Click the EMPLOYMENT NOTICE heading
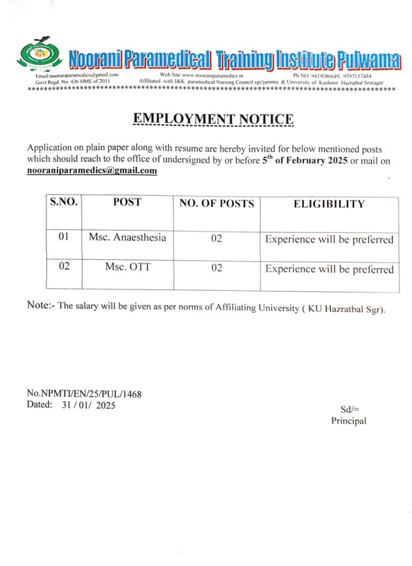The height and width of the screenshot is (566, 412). coord(213,119)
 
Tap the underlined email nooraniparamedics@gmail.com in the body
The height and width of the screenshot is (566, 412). coord(92,171)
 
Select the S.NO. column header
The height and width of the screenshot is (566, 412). coord(64,202)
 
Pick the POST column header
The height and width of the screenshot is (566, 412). coord(127,202)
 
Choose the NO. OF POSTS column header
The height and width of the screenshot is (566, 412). coord(217,203)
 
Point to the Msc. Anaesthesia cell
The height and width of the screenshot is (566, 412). coord(127,238)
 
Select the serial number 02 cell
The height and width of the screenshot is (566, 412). coord(64,266)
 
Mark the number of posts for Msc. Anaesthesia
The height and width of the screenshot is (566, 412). coord(217,239)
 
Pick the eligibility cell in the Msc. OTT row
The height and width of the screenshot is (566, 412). coord(330,270)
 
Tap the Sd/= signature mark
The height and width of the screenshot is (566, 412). coord(350,410)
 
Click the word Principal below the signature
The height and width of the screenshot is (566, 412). coord(348,421)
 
